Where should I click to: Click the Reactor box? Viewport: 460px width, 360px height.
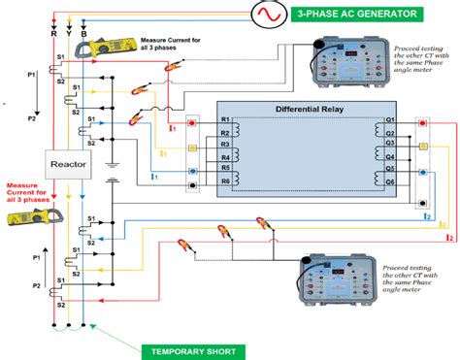click(70, 166)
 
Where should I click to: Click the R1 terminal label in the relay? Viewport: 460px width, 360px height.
click(225, 121)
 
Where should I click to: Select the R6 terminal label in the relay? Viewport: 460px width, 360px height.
click(225, 181)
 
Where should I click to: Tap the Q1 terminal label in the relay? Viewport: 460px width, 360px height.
click(389, 121)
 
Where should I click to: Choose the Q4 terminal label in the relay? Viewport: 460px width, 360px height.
click(389, 157)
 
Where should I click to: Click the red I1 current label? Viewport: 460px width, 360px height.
click(172, 125)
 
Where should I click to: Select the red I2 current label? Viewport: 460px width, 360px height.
click(447, 236)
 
